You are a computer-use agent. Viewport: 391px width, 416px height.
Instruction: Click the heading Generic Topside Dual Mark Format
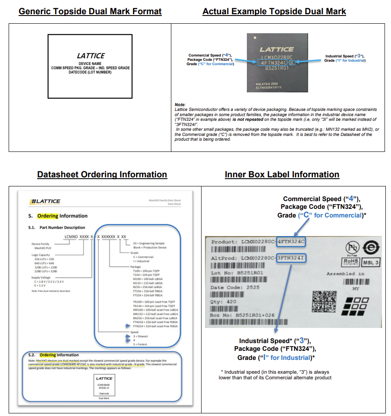click(x=90, y=11)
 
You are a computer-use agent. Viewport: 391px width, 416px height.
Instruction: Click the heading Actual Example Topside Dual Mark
click(x=274, y=11)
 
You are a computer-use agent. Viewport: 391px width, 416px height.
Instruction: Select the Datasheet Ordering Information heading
click(x=102, y=174)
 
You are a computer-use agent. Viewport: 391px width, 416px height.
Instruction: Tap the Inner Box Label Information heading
click(x=282, y=174)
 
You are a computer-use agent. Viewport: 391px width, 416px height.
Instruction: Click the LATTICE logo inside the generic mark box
click(x=91, y=56)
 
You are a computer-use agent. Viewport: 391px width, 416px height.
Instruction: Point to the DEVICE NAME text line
click(x=90, y=63)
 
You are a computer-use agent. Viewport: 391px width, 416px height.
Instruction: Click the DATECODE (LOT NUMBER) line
click(x=90, y=72)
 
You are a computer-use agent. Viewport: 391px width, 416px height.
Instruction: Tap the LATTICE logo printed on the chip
click(x=277, y=49)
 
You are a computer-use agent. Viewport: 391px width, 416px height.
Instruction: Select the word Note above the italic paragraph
click(x=180, y=105)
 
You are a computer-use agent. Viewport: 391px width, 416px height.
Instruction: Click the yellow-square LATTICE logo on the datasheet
click(x=45, y=201)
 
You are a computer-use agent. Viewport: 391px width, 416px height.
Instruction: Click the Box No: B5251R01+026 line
click(x=243, y=315)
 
